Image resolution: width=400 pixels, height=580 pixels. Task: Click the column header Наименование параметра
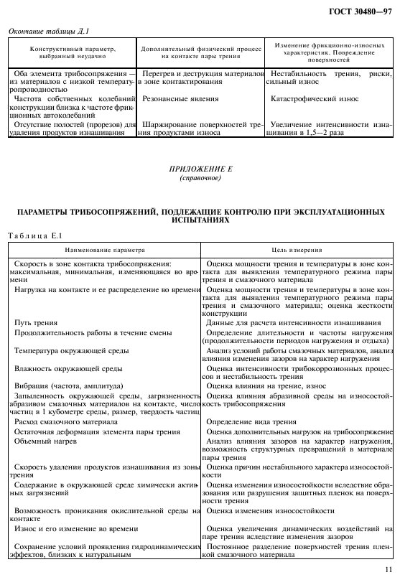104,250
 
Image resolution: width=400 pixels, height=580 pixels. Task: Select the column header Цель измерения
297,250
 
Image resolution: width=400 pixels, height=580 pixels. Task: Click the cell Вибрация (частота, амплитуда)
68,385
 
